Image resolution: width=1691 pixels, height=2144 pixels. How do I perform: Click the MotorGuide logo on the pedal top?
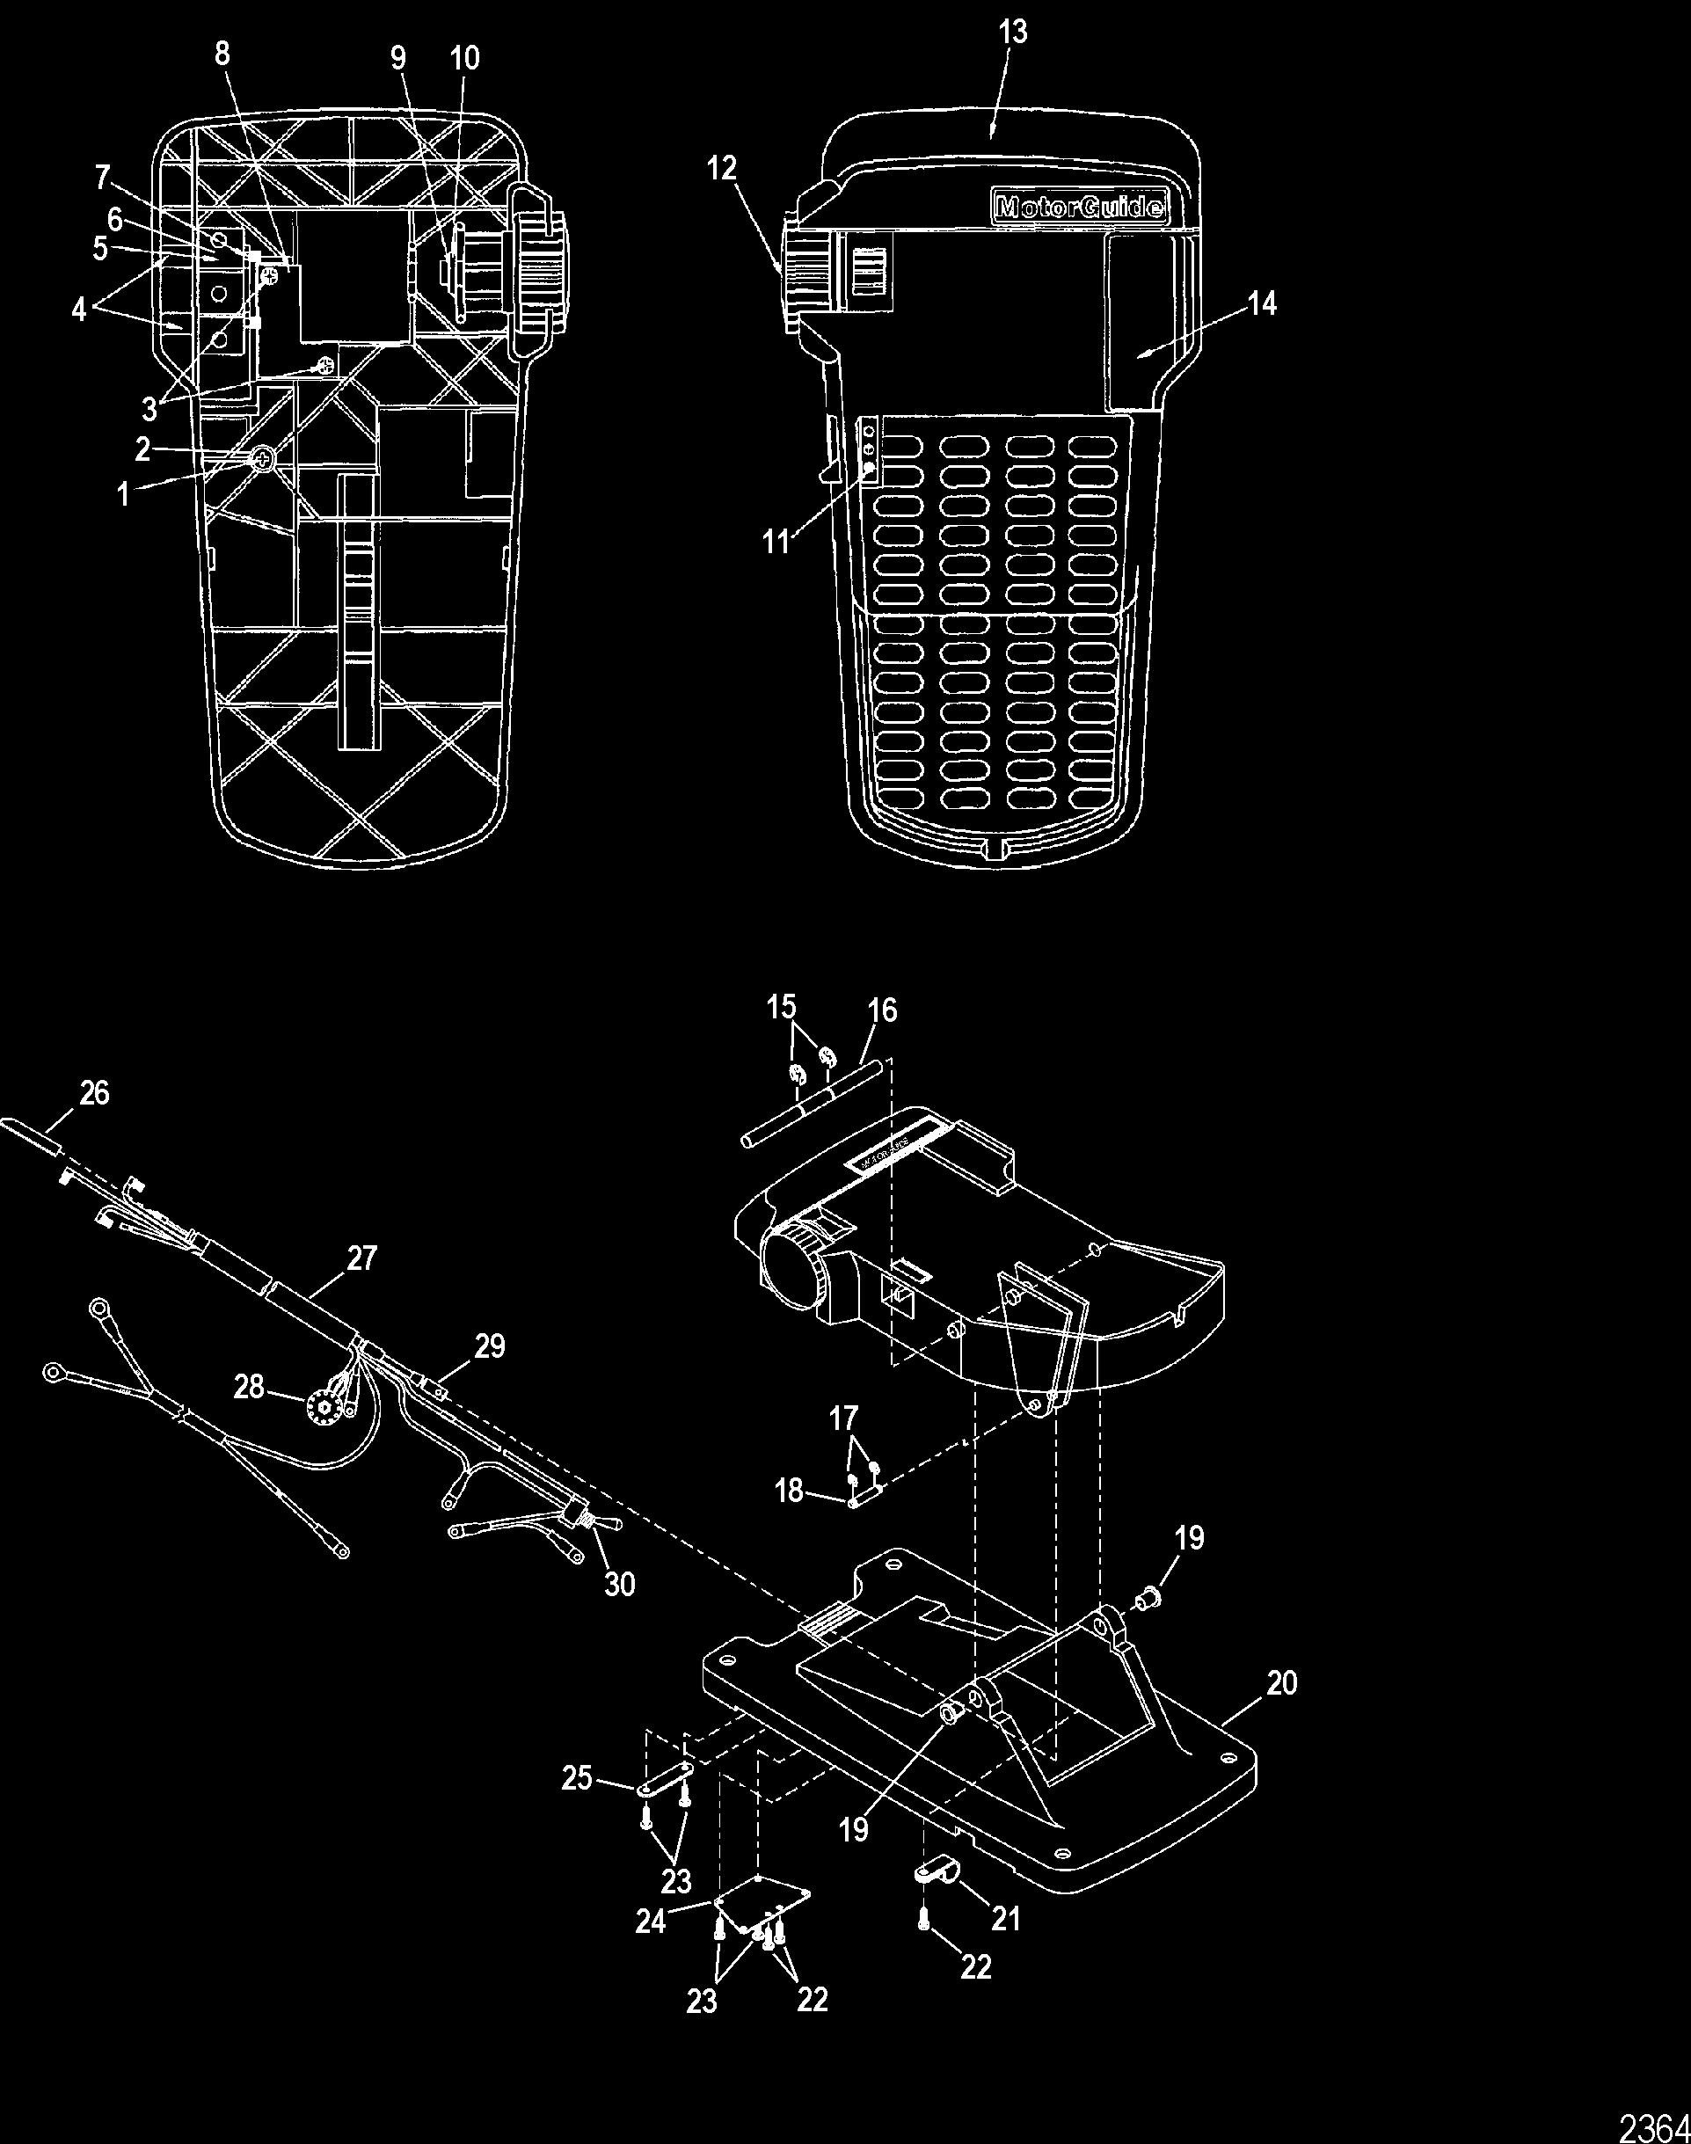pyautogui.click(x=1079, y=208)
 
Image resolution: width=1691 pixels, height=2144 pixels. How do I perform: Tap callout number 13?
pyautogui.click(x=1013, y=33)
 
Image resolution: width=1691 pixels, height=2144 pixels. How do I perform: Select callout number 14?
pyautogui.click(x=1262, y=304)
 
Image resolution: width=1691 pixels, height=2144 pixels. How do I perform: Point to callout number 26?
pyautogui.click(x=95, y=1093)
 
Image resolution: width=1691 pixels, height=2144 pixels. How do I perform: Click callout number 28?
pyautogui.click(x=249, y=1387)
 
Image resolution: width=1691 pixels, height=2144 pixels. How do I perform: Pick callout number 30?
pyautogui.click(x=620, y=1584)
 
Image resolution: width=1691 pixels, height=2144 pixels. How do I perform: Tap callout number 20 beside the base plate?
pyautogui.click(x=1282, y=1682)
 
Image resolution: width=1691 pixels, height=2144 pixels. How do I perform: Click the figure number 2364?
pyautogui.click(x=1653, y=2123)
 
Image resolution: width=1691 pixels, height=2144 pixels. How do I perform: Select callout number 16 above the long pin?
pyautogui.click(x=882, y=1010)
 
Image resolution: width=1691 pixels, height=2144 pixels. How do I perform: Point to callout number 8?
pyautogui.click(x=222, y=54)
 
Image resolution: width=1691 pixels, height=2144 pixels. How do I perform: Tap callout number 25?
pyautogui.click(x=576, y=1778)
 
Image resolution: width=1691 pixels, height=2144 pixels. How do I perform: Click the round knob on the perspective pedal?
pyautogui.click(x=791, y=1277)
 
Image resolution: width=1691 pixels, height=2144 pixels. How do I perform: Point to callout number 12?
pyautogui.click(x=722, y=168)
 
